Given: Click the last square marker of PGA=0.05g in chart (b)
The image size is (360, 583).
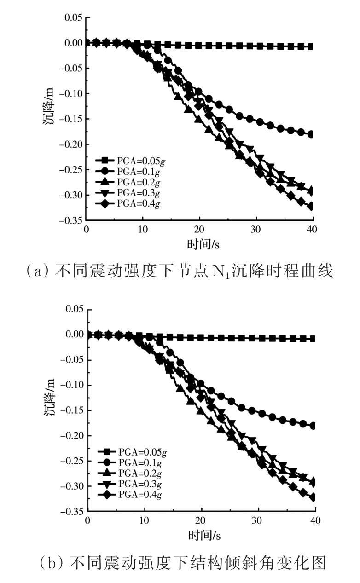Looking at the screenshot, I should click(x=312, y=339).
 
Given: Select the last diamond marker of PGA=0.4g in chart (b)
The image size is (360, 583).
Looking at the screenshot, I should click(x=313, y=497).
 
